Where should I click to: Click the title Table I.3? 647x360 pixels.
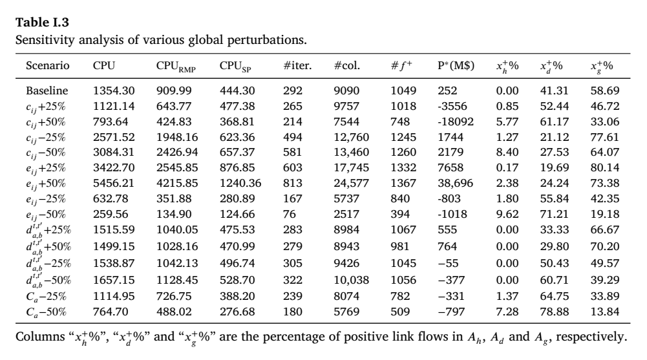pyautogui.click(x=42, y=22)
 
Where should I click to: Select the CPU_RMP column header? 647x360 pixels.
pyautogui.click(x=176, y=67)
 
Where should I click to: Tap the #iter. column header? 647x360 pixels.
pyautogui.click(x=297, y=65)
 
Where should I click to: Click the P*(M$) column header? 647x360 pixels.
pyautogui.click(x=456, y=65)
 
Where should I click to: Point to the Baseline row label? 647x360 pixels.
pyautogui.click(x=47, y=90)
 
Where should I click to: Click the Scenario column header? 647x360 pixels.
pyautogui.click(x=47, y=65)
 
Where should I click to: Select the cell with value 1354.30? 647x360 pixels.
pyautogui.click(x=114, y=90)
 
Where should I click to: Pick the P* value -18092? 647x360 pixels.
pyautogui.click(x=456, y=122)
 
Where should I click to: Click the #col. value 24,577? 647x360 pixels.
pyautogui.click(x=351, y=183)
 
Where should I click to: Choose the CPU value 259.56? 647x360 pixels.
pyautogui.click(x=111, y=214)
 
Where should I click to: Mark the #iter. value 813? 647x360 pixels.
pyautogui.click(x=293, y=183)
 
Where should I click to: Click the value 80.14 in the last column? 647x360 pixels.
pyautogui.click(x=604, y=168)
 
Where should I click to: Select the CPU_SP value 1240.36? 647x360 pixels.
pyautogui.click(x=240, y=183)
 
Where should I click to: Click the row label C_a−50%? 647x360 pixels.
pyautogui.click(x=46, y=312)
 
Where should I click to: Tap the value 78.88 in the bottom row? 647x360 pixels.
pyautogui.click(x=555, y=312)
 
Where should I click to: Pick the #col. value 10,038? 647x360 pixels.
pyautogui.click(x=351, y=280)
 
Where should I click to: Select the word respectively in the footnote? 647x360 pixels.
pyautogui.click(x=591, y=337)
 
